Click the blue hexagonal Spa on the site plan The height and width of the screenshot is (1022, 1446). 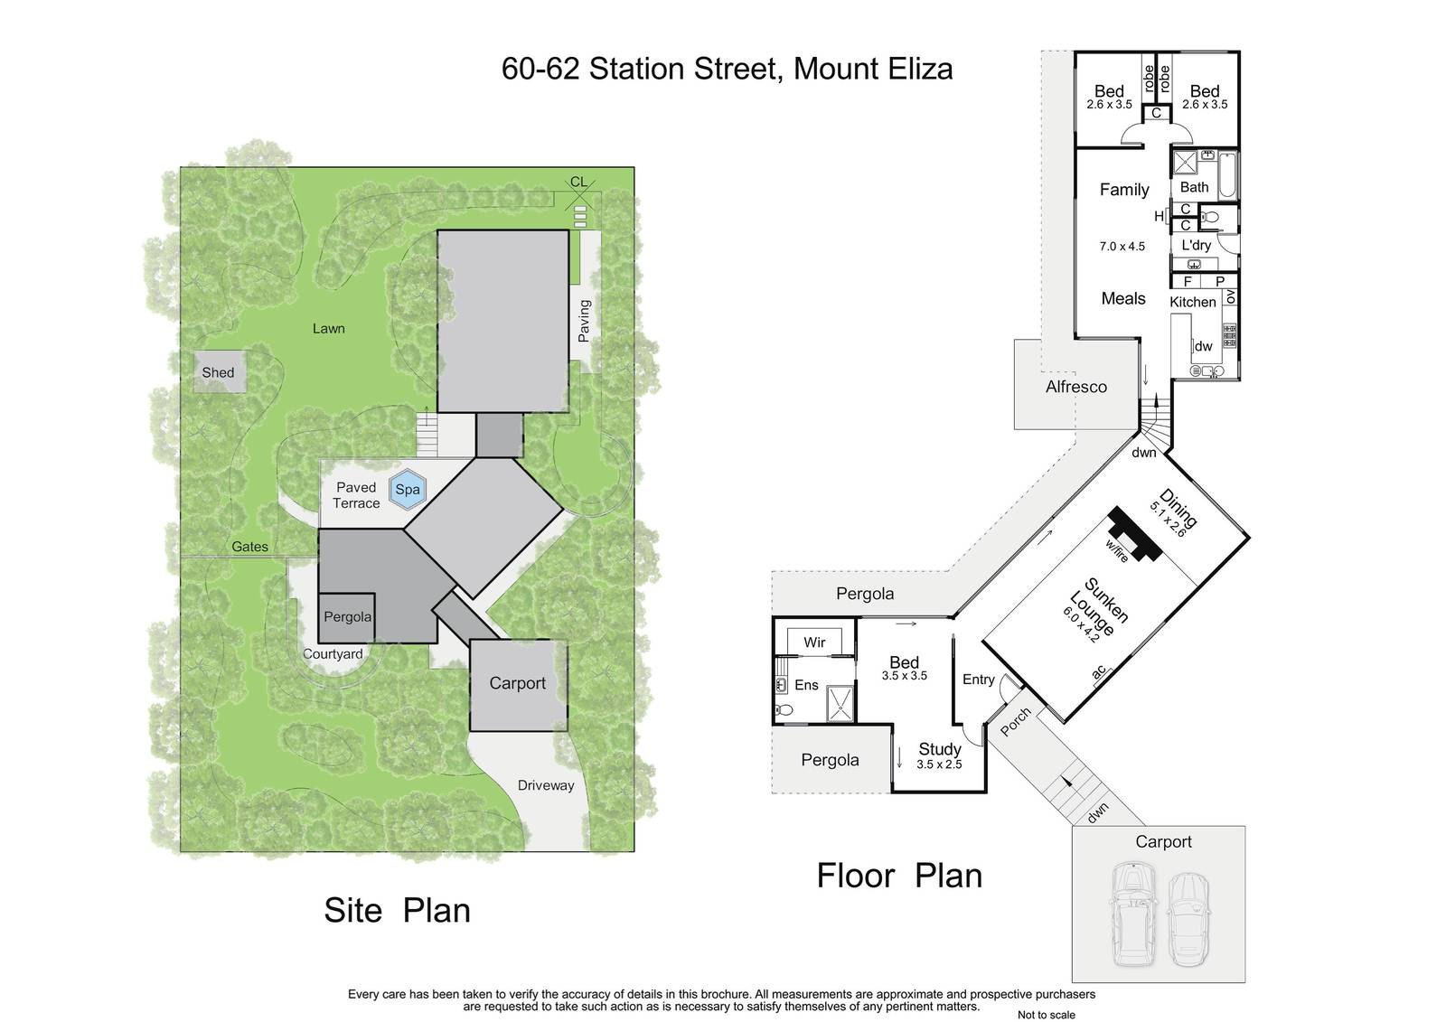[x=408, y=490]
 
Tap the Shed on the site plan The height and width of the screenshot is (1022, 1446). [x=220, y=372]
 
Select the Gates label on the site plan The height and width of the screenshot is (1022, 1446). [x=249, y=547]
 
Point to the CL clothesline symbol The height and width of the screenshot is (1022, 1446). [x=579, y=193]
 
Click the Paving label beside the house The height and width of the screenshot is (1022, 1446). [x=584, y=321]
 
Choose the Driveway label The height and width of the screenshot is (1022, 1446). [x=546, y=786]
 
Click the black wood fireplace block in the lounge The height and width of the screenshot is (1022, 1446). [x=1135, y=533]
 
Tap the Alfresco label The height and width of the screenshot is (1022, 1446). [x=1076, y=387]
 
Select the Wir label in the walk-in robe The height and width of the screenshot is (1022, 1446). [x=814, y=642]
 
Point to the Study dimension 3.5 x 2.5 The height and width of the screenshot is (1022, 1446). [x=939, y=764]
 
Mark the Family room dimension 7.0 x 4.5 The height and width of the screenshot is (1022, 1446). [x=1122, y=246]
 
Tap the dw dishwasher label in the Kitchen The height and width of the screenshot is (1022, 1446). [x=1203, y=346]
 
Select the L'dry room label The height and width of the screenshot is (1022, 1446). [x=1197, y=245]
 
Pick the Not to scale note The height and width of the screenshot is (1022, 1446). [x=1047, y=1015]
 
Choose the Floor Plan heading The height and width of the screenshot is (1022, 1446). [x=899, y=877]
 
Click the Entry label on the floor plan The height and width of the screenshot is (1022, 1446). [x=978, y=680]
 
